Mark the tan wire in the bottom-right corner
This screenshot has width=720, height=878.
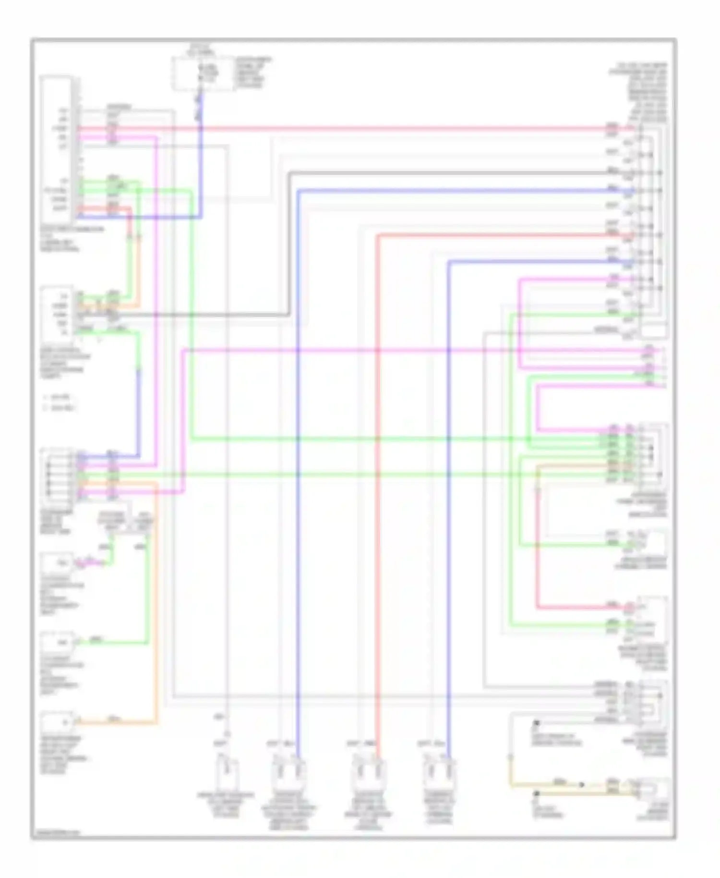coord(557,787)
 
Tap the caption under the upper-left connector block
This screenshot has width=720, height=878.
coord(72,239)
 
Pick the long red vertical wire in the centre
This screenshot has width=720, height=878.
coord(378,480)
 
